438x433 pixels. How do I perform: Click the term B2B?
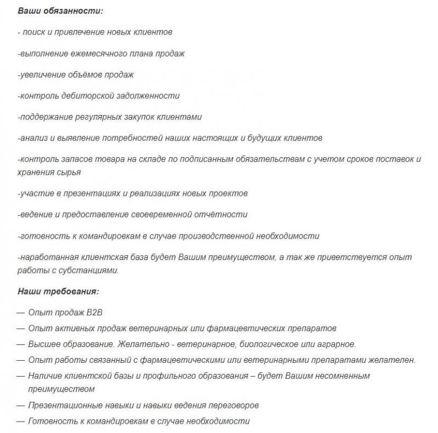coord(94,313)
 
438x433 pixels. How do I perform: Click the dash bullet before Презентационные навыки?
coord(20,406)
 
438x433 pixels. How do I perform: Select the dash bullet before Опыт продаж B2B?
coord(20,313)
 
